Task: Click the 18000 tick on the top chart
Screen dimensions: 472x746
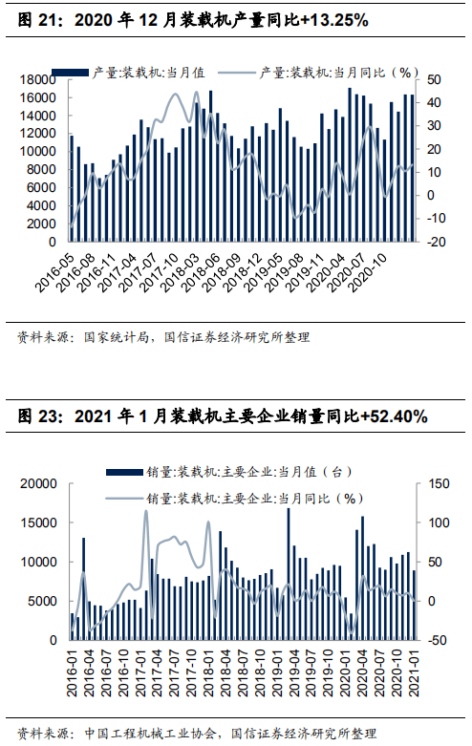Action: [x=37, y=79]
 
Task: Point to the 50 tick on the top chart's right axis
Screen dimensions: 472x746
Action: [x=434, y=79]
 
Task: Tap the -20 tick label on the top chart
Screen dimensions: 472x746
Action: [x=434, y=242]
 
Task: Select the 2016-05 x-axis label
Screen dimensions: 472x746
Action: [x=54, y=272]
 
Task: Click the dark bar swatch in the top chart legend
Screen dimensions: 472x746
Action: [x=71, y=73]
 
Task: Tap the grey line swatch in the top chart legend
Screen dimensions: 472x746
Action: [x=236, y=73]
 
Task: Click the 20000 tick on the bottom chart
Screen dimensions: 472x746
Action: [x=38, y=484]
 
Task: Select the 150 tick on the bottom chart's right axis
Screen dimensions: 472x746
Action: [x=439, y=484]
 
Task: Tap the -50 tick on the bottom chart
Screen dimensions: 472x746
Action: [x=438, y=640]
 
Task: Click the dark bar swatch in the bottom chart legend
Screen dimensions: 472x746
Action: [x=124, y=472]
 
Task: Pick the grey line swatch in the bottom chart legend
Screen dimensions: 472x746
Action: [x=124, y=499]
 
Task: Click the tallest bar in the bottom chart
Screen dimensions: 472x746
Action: [x=289, y=574]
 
